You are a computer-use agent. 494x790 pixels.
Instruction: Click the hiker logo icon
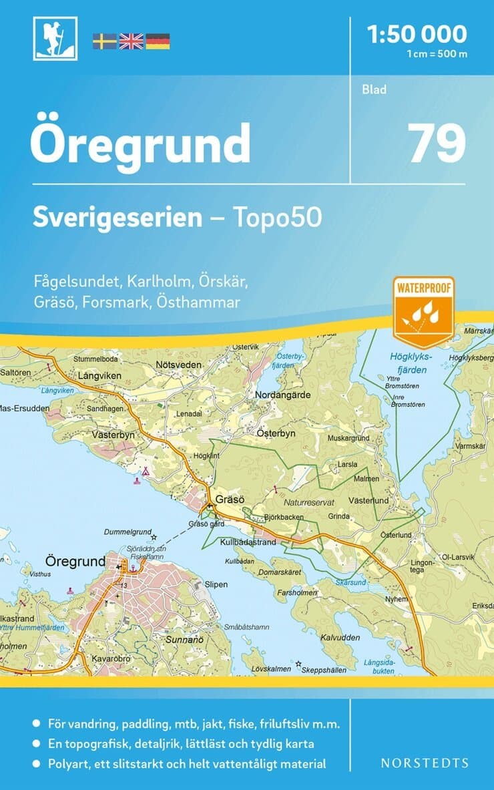coord(55,38)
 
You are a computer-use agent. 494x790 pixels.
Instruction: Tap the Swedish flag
coord(104,41)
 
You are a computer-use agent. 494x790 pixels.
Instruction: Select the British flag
coord(131,41)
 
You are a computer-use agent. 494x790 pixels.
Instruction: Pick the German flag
coord(158,41)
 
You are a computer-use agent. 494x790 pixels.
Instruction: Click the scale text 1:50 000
coord(418,33)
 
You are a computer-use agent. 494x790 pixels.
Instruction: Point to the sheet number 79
coord(437,144)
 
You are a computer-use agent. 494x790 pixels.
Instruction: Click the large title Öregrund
coord(140,144)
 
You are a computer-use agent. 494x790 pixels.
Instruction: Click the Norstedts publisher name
coord(424,763)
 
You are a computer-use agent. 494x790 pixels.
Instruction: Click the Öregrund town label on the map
coord(75,560)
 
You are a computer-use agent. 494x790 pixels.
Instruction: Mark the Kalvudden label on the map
coord(340,638)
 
